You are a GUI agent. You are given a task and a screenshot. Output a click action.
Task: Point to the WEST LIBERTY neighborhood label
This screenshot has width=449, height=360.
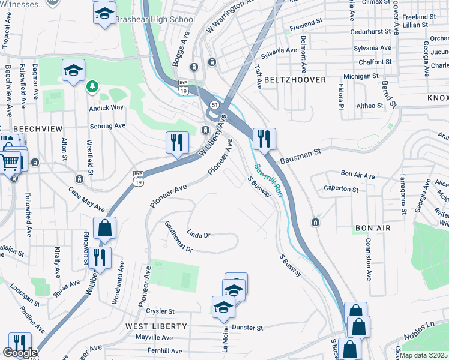click(x=156, y=326)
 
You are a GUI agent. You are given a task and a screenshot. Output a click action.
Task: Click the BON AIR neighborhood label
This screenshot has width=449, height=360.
click(x=373, y=229)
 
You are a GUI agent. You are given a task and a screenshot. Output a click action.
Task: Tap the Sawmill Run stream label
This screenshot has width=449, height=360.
click(x=267, y=179)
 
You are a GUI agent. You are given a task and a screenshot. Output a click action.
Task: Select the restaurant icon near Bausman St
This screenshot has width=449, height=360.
click(x=264, y=140)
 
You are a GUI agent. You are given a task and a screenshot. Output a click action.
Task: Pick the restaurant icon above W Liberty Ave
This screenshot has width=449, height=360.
click(x=177, y=143)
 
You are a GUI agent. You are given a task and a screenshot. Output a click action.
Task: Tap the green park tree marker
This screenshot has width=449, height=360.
click(x=92, y=88)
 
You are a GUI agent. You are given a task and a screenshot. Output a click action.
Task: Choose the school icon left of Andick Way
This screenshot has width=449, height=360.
click(x=73, y=70)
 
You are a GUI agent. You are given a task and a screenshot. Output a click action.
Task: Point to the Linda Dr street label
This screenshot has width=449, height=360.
click(x=199, y=235)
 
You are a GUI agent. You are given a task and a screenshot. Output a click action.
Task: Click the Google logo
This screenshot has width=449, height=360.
click(x=20, y=353)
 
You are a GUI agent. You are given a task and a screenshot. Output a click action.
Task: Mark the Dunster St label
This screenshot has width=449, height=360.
click(x=247, y=328)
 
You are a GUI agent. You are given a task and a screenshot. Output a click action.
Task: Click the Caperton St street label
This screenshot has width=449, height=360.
click(x=341, y=189)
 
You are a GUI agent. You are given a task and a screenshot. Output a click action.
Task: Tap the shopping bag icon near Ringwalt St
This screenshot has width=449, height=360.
click(x=104, y=229)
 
